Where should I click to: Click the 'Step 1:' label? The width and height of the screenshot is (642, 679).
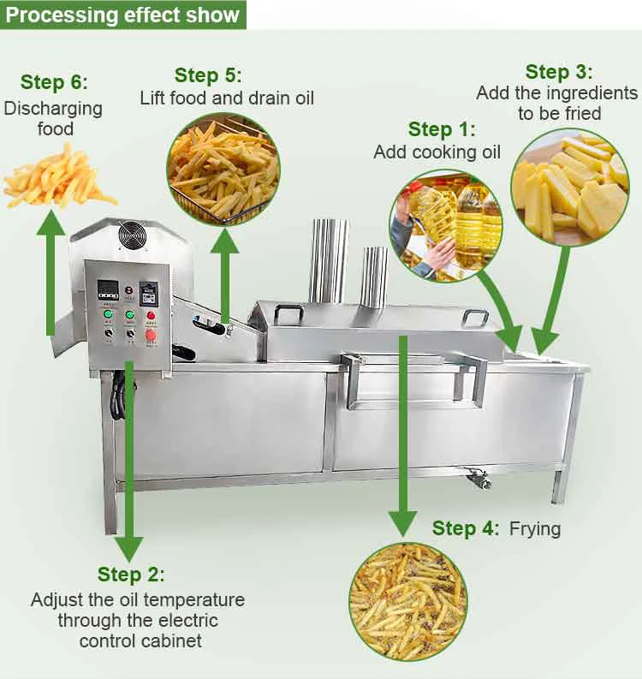coord(441,129)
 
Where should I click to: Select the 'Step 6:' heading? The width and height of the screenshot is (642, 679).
coord(54,82)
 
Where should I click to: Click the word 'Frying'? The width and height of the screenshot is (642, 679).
coord(535,528)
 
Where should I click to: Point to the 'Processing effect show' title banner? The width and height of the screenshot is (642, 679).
coord(123,15)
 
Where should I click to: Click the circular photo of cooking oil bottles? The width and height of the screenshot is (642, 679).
coord(445,225)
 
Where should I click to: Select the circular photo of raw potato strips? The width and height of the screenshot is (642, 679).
coord(569,186)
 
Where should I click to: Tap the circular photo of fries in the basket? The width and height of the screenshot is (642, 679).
coord(224,168)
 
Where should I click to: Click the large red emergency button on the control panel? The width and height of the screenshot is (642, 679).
coord(152,335)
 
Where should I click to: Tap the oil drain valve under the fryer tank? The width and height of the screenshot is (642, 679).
coord(476,479)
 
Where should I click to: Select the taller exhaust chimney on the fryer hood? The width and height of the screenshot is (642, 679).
coord(329,260)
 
